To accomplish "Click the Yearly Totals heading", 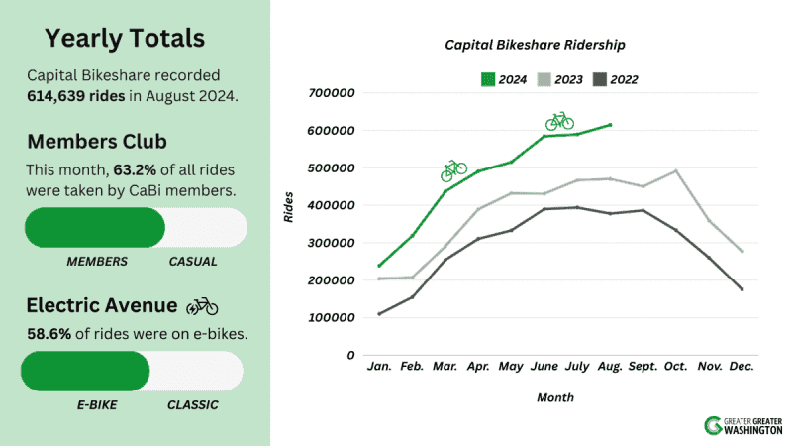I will click(125, 39).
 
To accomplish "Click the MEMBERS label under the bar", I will click(97, 262).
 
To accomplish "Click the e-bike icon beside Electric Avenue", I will click(202, 306).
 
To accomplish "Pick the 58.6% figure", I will click(48, 334).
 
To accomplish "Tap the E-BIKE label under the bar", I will click(97, 404).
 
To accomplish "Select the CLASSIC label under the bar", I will click(193, 404).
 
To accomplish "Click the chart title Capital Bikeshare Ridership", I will click(535, 46).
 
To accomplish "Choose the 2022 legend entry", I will click(614, 78).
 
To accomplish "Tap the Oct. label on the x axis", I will click(676, 368).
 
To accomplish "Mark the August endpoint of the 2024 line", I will click(611, 125).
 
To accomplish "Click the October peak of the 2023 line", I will click(676, 170).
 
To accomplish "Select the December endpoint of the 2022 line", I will click(742, 289).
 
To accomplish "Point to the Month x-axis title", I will click(554, 396).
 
